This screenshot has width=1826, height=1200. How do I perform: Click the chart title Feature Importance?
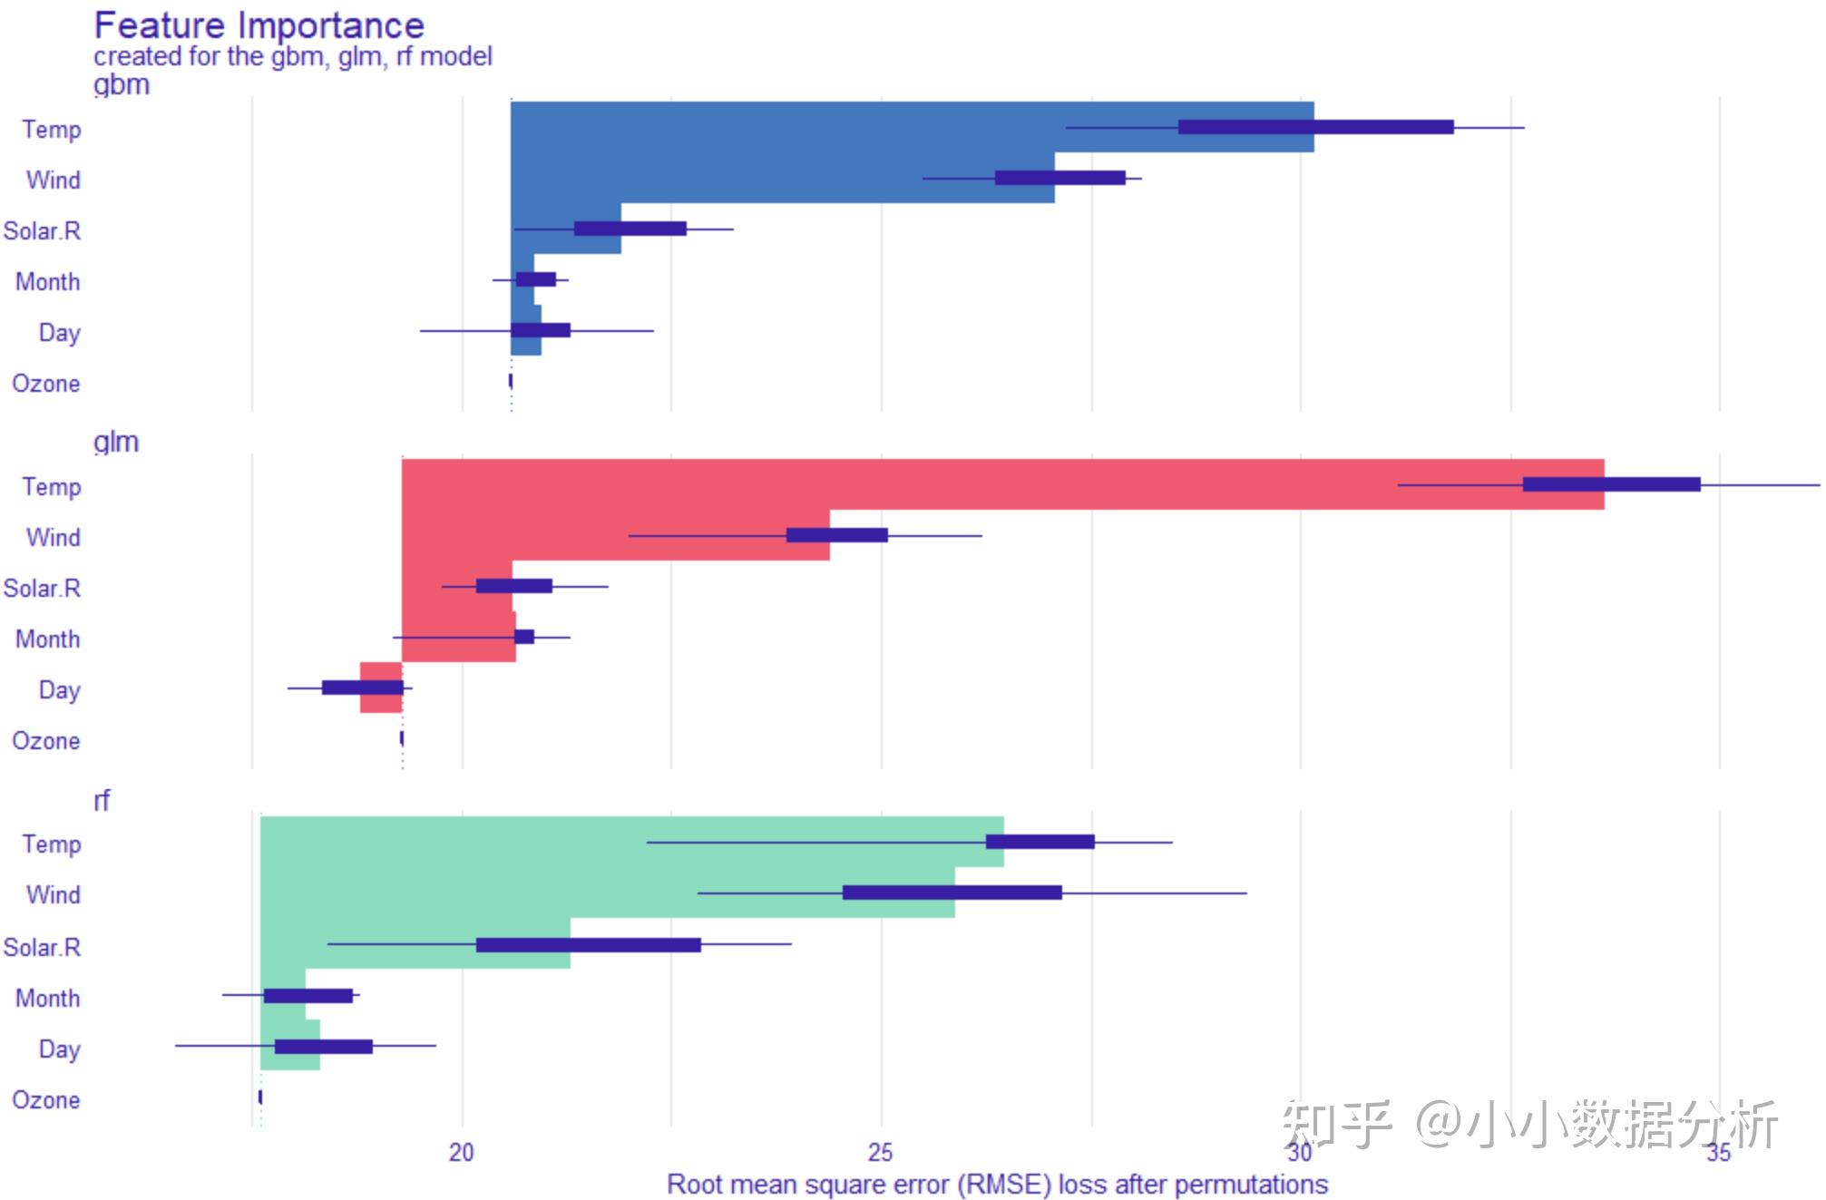click(259, 25)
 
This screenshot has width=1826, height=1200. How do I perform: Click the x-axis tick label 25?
click(880, 1153)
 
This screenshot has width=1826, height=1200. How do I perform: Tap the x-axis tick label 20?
click(461, 1153)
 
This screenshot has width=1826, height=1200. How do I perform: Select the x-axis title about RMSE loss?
click(997, 1185)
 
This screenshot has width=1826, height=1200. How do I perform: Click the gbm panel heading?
click(122, 85)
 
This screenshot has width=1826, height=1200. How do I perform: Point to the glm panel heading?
click(116, 443)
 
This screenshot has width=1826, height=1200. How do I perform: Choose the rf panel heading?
click(102, 801)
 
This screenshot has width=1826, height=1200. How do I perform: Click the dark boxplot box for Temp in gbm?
click(1315, 127)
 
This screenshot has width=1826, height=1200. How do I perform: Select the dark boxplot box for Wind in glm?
click(836, 535)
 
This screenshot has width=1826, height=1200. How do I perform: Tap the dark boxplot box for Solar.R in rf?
click(588, 945)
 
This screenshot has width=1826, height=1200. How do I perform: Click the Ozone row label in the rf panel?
click(46, 1100)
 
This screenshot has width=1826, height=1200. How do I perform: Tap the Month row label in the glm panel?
click(48, 639)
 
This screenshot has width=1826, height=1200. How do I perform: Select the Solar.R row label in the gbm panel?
click(43, 231)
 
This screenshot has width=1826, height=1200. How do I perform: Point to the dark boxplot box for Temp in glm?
click(1611, 484)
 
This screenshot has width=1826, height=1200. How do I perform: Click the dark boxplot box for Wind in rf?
click(952, 893)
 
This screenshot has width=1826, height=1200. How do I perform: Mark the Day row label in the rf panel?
click(60, 1049)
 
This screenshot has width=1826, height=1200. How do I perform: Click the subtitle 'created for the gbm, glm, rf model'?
click(292, 56)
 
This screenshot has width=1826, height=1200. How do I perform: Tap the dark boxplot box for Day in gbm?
click(541, 330)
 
